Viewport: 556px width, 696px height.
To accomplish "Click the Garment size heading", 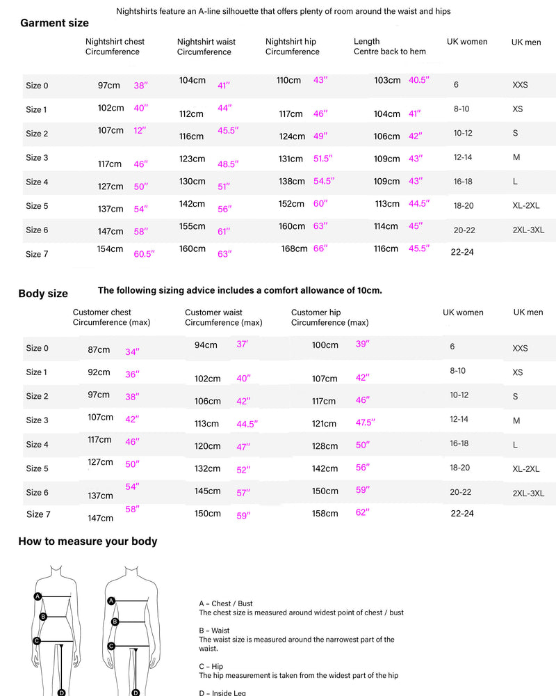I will (x=54, y=23).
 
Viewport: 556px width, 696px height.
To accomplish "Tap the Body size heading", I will (x=43, y=293).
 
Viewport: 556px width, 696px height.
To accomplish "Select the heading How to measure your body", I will (x=88, y=541).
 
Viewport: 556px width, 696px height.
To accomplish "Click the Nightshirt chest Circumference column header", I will (x=115, y=47).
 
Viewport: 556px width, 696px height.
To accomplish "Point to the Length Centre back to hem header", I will (x=389, y=47).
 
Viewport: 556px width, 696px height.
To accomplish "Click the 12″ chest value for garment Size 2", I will (x=140, y=130).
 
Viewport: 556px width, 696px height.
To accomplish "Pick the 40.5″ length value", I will (x=418, y=80).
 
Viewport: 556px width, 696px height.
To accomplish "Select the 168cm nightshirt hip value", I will (x=294, y=248).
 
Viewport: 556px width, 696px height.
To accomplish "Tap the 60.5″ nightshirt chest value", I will (x=144, y=254).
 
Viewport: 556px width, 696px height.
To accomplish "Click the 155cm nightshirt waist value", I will (x=193, y=226).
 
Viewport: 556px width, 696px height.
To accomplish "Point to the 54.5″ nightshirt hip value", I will (x=324, y=181).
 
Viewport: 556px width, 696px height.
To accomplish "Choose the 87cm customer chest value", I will (x=99, y=349).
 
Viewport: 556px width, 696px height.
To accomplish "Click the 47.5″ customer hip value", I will (x=365, y=422).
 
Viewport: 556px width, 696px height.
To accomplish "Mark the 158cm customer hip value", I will (x=325, y=514).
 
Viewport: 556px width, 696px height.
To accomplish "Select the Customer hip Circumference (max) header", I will (x=329, y=317).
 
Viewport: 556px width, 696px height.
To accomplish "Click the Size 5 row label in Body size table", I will (x=37, y=468).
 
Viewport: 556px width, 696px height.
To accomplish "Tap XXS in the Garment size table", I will (x=520, y=85).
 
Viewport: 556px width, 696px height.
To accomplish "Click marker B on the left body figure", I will (x=43, y=617).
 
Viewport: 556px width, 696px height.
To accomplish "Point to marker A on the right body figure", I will (x=111, y=601).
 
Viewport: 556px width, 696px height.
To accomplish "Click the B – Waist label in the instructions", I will (x=214, y=631).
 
